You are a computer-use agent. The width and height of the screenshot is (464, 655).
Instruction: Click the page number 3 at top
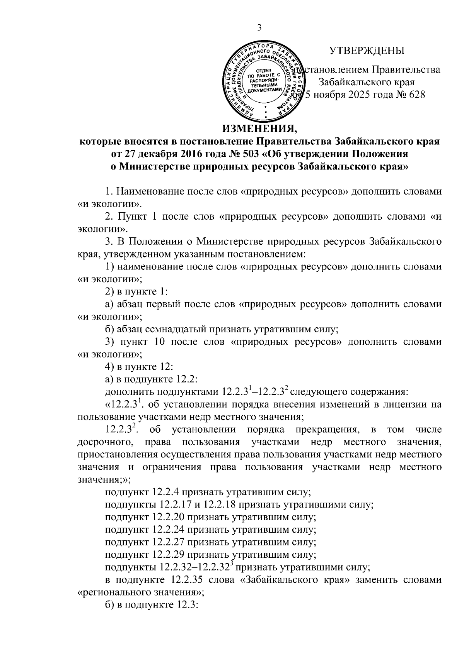(x=259, y=28)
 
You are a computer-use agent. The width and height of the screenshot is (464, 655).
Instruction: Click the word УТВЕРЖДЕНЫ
(x=366, y=51)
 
